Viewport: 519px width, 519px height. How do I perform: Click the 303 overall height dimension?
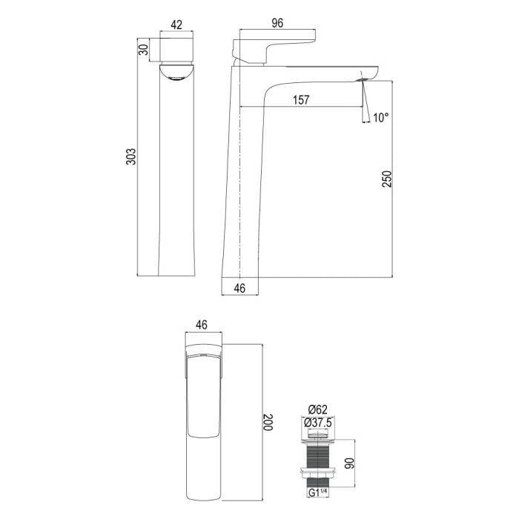tap(131, 156)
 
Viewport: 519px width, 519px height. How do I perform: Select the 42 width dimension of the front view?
tap(176, 24)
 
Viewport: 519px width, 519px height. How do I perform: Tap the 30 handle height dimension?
tap(143, 50)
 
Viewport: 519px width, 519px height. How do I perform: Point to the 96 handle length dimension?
tap(277, 23)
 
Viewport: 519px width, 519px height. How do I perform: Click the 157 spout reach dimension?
tap(301, 100)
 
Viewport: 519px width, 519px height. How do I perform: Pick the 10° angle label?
tap(381, 117)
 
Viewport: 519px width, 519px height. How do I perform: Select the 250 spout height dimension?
tap(386, 179)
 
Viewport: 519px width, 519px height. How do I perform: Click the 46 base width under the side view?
tap(239, 288)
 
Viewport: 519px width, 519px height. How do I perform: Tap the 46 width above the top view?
tap(201, 325)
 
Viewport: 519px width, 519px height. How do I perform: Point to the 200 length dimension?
tap(268, 423)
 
